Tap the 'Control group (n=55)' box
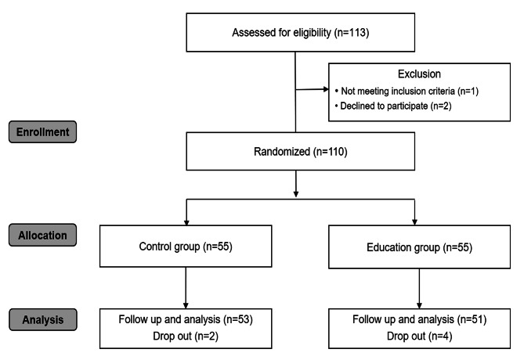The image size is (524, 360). (185, 247)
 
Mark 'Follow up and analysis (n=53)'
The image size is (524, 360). (185, 319)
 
